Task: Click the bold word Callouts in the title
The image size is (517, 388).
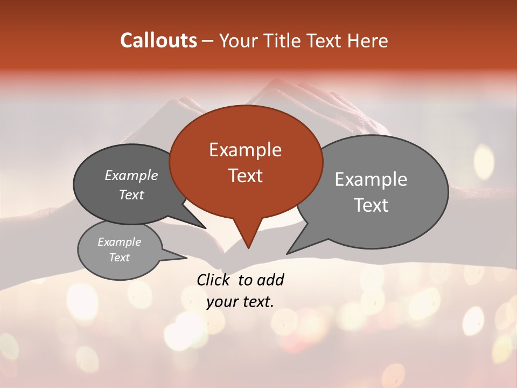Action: tap(158, 40)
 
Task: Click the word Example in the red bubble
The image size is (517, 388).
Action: tap(245, 150)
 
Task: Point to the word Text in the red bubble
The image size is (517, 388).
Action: tap(245, 176)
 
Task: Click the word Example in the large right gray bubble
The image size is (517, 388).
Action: tap(371, 179)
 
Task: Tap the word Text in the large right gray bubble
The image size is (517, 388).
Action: tap(371, 205)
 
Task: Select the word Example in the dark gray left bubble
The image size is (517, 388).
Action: tap(131, 176)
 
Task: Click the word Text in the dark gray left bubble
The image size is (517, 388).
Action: tap(131, 195)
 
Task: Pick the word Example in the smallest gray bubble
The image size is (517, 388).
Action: tap(119, 242)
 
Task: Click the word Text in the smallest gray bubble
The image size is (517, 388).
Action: tap(119, 258)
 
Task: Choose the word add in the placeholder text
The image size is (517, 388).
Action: tap(271, 280)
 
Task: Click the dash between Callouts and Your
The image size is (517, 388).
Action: tap(208, 41)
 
